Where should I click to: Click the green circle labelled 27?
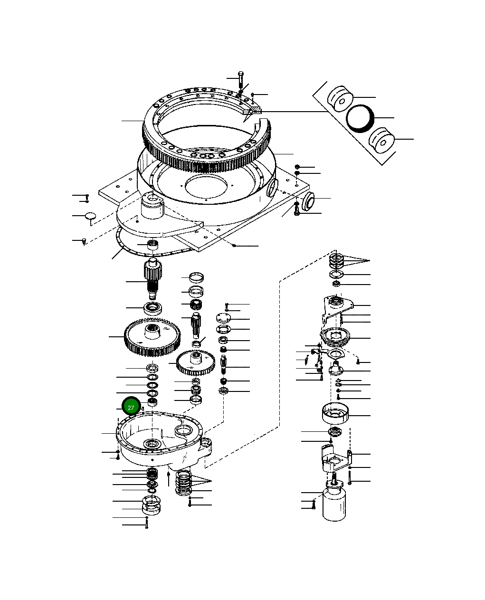tap(131, 407)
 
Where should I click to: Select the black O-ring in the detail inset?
tap(360, 118)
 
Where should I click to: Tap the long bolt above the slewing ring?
tap(240, 80)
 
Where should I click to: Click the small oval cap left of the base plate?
tap(90, 216)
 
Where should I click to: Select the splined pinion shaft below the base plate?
tap(152, 277)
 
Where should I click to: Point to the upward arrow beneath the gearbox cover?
tap(169, 477)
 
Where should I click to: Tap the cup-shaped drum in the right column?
tap(336, 412)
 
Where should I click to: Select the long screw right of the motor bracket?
tap(350, 476)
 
